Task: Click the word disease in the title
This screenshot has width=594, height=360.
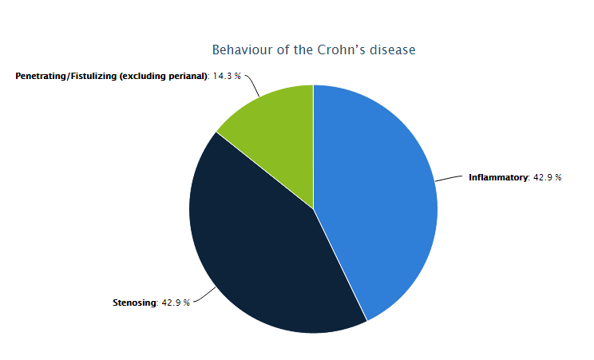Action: (393, 49)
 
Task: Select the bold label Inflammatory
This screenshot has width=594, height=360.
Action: (498, 177)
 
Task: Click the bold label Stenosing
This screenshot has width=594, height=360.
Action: (134, 303)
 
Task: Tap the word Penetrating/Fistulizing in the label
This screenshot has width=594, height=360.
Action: (66, 76)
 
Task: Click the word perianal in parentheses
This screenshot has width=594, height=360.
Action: (187, 76)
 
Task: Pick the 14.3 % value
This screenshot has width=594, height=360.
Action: (227, 76)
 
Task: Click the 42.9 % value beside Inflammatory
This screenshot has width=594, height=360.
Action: (548, 177)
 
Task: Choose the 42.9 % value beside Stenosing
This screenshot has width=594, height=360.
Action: (176, 303)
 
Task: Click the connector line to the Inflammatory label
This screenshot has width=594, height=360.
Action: (449, 178)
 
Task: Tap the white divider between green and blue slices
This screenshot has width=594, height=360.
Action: (313, 147)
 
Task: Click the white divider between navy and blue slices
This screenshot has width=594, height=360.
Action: (340, 265)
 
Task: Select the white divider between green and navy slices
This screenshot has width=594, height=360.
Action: (265, 170)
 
